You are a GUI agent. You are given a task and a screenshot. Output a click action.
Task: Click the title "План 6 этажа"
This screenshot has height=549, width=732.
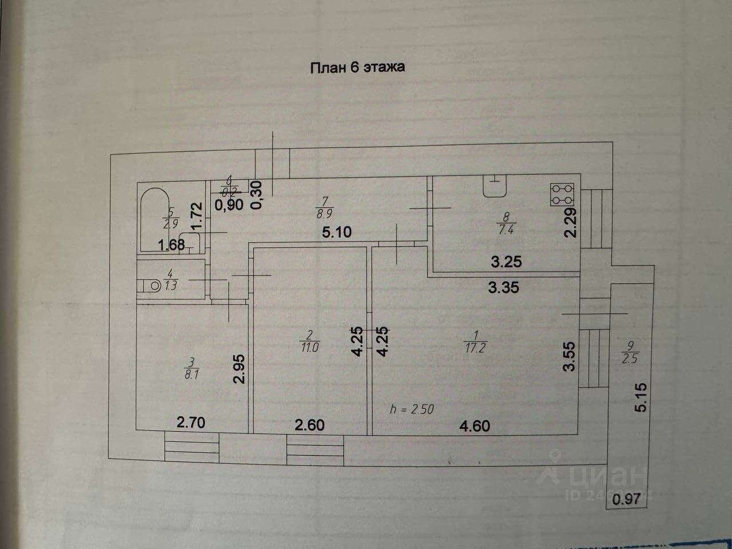tap(357, 67)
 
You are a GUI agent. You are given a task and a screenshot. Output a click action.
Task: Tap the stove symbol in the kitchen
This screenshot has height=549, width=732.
tap(562, 194)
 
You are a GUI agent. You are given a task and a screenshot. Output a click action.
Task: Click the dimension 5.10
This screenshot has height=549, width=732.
tap(336, 232)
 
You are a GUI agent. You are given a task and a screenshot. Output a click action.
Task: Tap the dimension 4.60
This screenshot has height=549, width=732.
tap(475, 425)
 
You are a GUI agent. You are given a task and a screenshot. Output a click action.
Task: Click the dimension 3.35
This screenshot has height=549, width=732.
tap(503, 287)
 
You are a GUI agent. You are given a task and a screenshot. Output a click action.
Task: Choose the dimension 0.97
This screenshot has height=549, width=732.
tap(626, 499)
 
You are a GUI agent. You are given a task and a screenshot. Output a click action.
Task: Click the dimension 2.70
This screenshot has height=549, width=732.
tap(191, 424)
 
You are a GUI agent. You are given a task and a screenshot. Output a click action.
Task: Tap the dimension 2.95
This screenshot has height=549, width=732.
tap(239, 370)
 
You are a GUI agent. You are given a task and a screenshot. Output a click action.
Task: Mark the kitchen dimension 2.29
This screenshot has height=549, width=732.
tap(570, 222)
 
